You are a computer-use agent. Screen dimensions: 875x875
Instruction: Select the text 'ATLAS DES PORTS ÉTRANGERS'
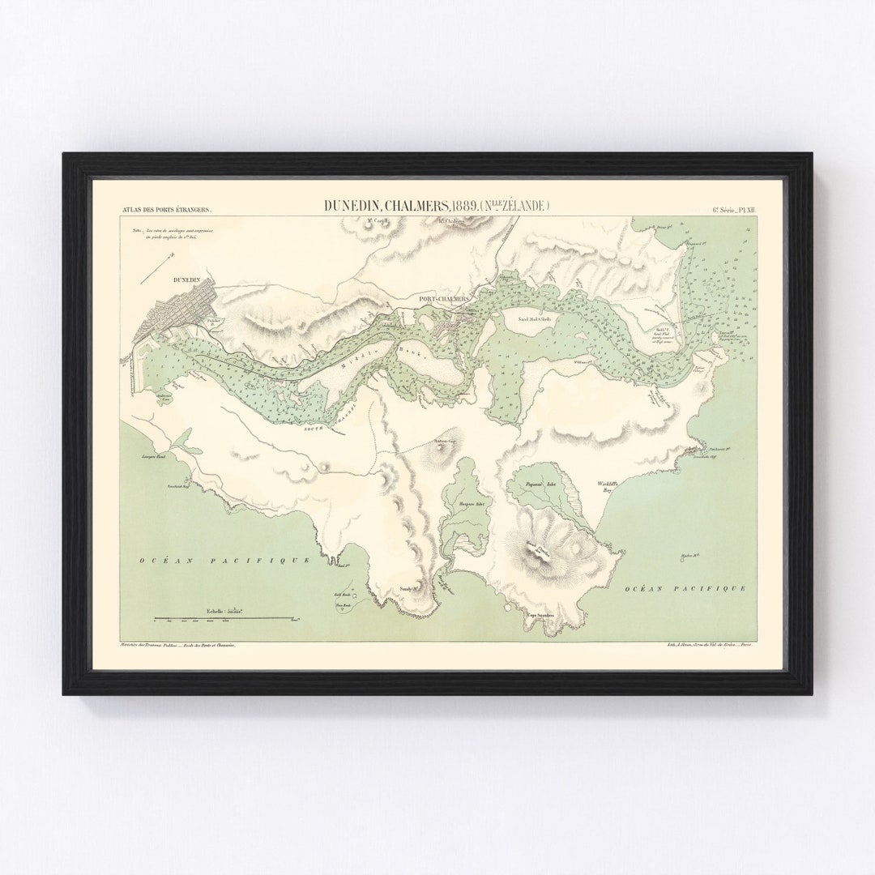pos(167,209)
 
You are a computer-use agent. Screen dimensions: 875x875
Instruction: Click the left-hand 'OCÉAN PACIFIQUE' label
pos(224,560)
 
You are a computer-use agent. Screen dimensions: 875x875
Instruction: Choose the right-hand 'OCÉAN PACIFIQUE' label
pos(685,589)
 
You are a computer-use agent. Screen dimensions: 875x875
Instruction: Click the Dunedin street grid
pos(180,309)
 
